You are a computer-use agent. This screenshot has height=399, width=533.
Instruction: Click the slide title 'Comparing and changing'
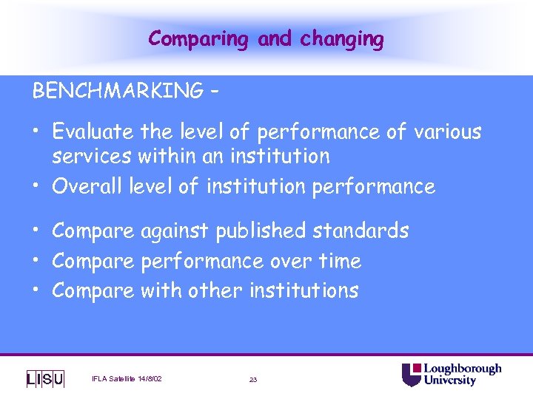[266, 38]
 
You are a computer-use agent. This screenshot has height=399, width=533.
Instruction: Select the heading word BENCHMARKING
[117, 91]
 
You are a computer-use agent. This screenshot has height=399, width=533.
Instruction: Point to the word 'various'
[447, 132]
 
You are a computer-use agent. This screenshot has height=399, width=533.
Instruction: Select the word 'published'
[261, 231]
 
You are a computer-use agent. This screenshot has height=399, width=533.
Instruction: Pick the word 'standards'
[361, 231]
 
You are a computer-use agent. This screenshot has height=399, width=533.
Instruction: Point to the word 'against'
[175, 231]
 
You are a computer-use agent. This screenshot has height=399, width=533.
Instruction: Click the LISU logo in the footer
[45, 379]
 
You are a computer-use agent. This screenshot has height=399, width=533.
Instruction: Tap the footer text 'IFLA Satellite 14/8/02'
[127, 379]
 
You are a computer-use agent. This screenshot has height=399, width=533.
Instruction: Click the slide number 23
[253, 379]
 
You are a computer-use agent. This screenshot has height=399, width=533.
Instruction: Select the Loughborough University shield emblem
[411, 375]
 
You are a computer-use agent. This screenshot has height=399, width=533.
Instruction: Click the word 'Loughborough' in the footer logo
[463, 369]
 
